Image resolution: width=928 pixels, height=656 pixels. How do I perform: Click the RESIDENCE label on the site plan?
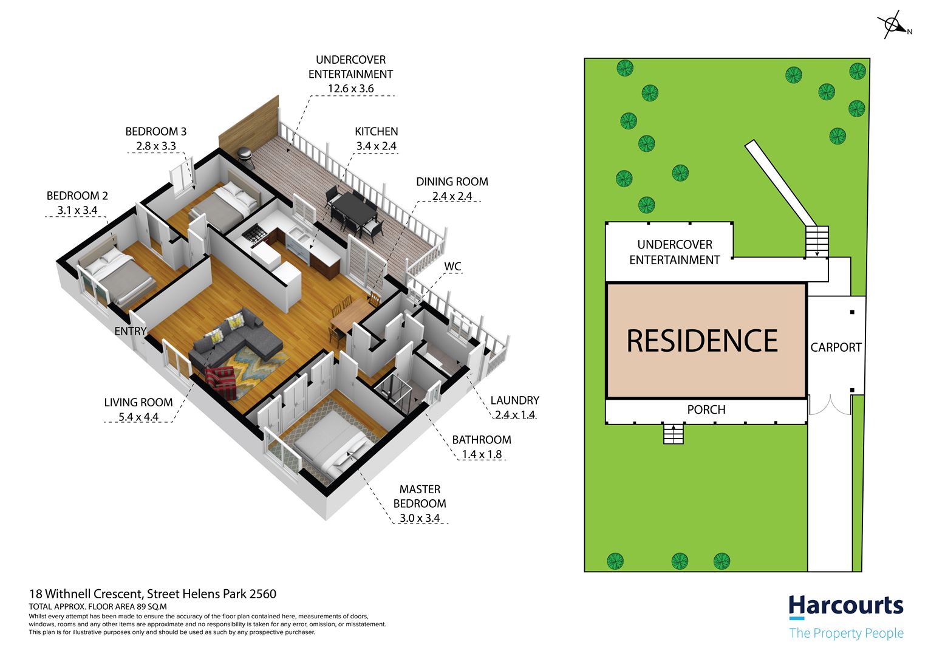point(702,341)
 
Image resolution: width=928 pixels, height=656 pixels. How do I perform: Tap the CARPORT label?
point(836,347)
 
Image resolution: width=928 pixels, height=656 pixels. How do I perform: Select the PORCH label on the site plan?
point(706,410)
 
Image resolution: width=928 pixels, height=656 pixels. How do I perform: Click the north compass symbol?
point(894,26)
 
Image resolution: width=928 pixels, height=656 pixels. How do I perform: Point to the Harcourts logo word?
point(846,606)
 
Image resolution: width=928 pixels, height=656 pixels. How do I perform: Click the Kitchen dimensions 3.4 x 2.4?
point(376,146)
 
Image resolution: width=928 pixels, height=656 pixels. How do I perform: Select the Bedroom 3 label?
point(155,132)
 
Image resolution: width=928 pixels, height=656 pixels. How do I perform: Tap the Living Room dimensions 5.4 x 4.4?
point(138,417)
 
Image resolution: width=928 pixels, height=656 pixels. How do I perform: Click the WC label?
point(452,267)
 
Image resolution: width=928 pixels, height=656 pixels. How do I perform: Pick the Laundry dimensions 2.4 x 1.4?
point(515,414)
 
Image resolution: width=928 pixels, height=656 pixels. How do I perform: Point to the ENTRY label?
point(131,331)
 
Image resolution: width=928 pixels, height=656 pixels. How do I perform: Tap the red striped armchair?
point(222,383)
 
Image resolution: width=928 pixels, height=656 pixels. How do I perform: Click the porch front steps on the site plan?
point(673,434)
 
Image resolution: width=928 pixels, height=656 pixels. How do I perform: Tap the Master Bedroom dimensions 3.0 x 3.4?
point(420,518)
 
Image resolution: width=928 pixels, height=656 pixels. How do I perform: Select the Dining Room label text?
point(452,182)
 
